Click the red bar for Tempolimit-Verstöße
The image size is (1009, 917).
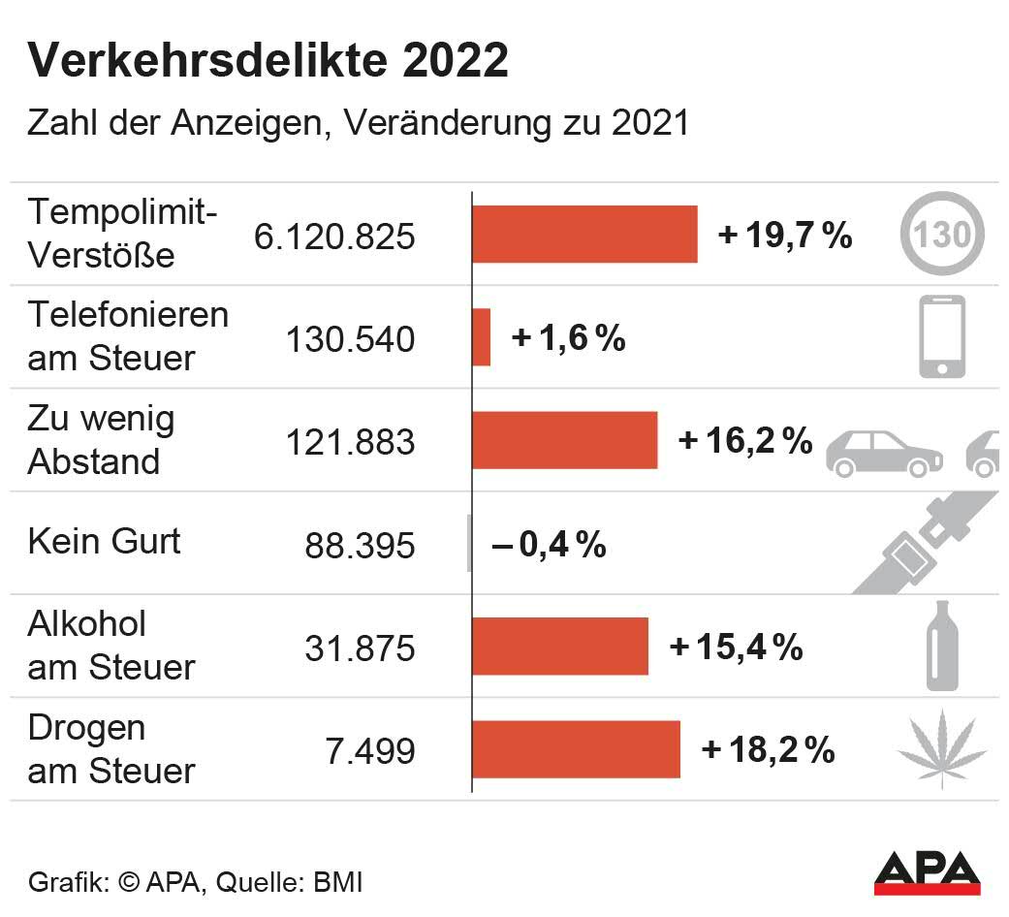point(584,234)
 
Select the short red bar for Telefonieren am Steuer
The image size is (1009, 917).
point(482,337)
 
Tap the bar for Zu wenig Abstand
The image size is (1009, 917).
point(564,440)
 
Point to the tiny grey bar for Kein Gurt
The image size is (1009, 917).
point(469,543)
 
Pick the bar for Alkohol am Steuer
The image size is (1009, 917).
point(559,646)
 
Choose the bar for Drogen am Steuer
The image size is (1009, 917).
point(576,749)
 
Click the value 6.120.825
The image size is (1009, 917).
point(334,237)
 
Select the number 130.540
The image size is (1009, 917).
point(350,339)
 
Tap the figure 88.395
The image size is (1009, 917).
point(360,545)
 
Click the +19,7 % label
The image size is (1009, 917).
point(785,235)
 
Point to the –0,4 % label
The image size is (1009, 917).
point(550,545)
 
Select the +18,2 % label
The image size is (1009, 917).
point(768,750)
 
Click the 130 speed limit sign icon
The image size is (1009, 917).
point(941,234)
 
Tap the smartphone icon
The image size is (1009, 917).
point(942,336)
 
